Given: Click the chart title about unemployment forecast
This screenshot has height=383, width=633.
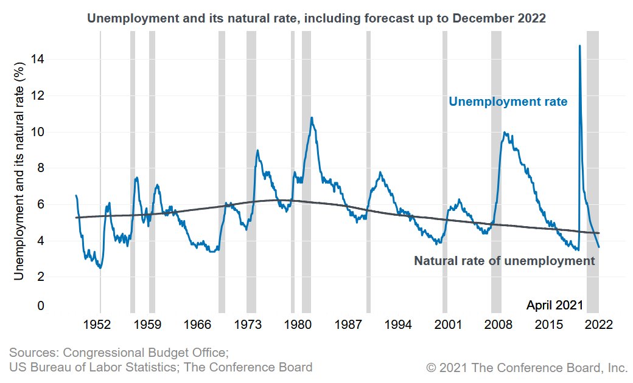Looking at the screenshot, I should pos(316,18).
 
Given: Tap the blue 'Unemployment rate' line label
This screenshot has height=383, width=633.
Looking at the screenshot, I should pos(508,102).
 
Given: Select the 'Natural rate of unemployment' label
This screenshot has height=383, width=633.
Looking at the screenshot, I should pos(504,261).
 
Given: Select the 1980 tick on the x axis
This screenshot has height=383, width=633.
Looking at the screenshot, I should pos(297,325).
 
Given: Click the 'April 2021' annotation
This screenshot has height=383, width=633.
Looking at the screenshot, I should pos(554,305).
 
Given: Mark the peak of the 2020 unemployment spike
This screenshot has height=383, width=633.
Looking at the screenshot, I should pos(579,46).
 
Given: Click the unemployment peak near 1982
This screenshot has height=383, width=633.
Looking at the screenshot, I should pos(312,118).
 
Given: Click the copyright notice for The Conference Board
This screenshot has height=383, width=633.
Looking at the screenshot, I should pos(526,368).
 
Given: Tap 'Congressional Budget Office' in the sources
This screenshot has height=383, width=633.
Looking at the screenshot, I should pos(145,353).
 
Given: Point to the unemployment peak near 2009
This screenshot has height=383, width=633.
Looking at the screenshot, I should pos(504,132).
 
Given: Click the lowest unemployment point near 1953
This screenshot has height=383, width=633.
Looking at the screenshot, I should pos(100,267).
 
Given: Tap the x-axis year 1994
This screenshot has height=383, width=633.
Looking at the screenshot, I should pos(397,325).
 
